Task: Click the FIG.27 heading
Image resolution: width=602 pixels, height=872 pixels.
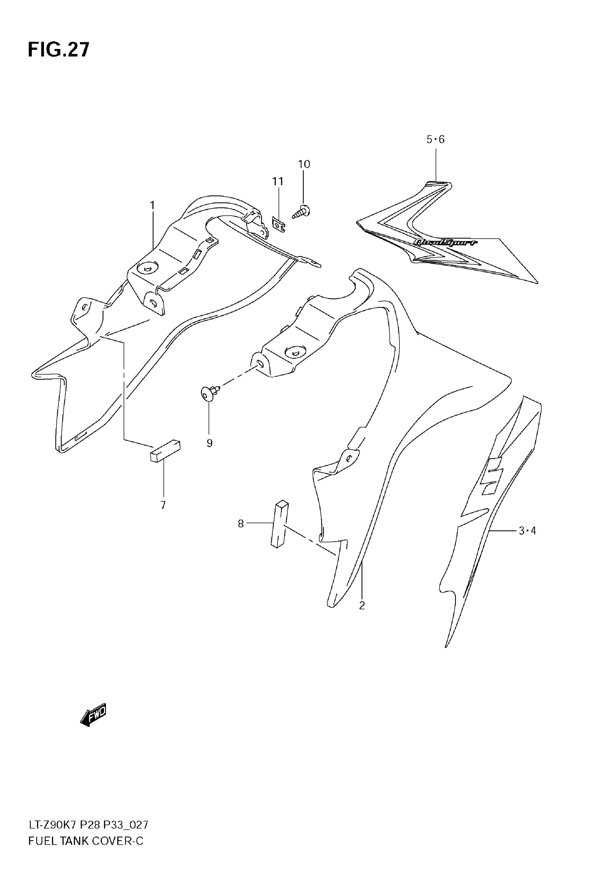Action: tap(59, 50)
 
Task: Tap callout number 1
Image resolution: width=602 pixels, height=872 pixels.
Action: tap(152, 205)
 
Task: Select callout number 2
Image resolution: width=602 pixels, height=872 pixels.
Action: tap(362, 606)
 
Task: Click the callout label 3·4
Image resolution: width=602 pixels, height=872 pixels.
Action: tap(527, 531)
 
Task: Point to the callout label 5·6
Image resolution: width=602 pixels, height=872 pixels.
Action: tap(435, 140)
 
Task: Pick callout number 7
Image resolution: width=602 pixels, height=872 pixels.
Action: tap(163, 505)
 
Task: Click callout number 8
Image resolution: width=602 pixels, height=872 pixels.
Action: tap(241, 523)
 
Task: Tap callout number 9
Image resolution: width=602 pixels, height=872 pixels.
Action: tap(209, 443)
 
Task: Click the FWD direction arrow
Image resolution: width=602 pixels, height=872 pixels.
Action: tap(93, 715)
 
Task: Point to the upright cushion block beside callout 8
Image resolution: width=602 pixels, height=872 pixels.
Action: tap(279, 524)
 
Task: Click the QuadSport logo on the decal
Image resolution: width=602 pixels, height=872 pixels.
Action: tap(445, 242)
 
